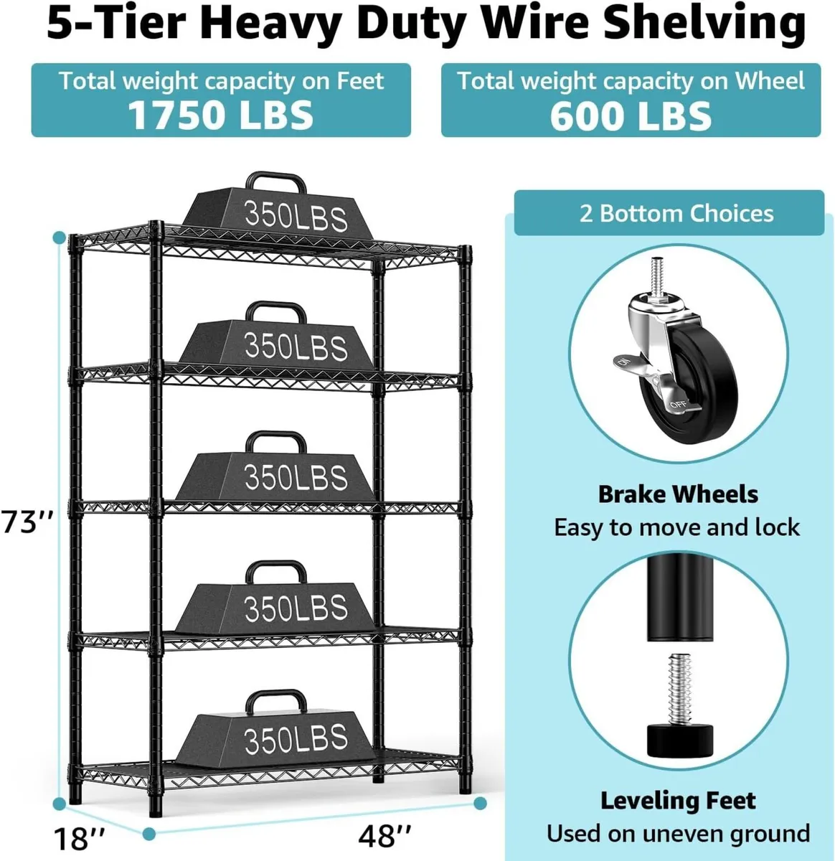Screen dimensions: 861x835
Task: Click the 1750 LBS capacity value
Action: coord(221,115)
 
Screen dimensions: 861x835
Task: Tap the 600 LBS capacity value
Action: coord(631,115)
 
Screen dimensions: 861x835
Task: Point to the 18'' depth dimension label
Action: coord(80,837)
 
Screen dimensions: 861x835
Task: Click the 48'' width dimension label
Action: coord(386,835)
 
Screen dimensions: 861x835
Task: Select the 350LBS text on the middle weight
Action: coord(296,478)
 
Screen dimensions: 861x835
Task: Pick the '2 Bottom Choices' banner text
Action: coord(676,214)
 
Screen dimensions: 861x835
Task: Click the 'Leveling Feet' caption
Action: coord(678,801)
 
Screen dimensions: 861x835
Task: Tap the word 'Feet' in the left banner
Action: coord(361,81)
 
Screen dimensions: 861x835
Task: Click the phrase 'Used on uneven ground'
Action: coord(678,834)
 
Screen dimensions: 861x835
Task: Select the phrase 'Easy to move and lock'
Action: coord(676,528)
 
